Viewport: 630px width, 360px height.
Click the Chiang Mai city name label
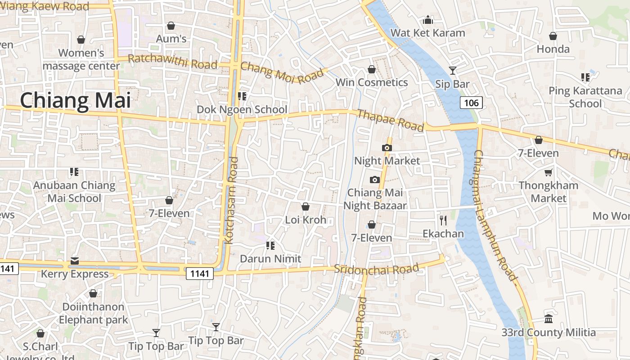75,100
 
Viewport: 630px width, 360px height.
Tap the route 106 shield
471,103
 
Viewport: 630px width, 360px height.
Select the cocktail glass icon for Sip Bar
452,71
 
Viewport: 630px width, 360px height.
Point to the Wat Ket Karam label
427,33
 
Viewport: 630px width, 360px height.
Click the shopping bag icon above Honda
553,36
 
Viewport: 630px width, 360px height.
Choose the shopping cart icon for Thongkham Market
548,172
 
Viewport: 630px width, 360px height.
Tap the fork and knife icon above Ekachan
443,220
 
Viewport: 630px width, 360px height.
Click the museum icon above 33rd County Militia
549,319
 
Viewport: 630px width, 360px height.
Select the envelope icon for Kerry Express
75,261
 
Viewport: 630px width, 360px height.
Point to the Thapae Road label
390,121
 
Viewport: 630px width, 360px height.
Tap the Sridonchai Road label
376,269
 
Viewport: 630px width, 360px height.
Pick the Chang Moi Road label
282,72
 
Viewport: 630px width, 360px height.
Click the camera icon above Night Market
387,148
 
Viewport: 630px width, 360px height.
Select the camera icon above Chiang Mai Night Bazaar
374,180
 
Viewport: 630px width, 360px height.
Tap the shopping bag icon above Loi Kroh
306,207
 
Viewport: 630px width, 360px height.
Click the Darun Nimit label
270,259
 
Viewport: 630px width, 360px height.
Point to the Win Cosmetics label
372,82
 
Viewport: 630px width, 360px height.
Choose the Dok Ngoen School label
242,109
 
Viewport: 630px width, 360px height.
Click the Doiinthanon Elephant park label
93,313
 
